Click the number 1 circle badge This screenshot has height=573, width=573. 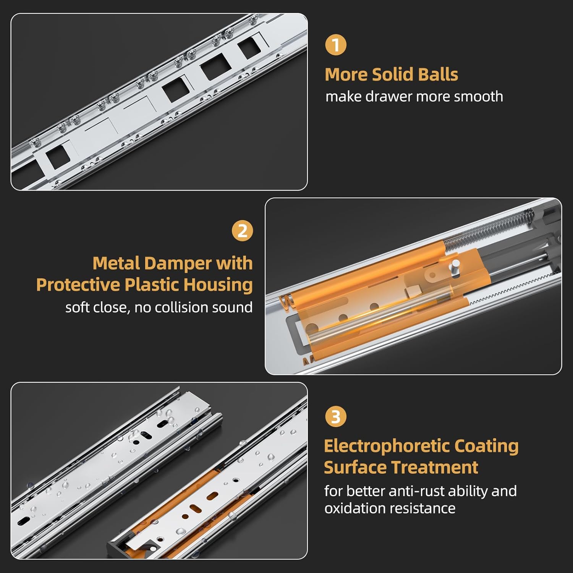336,45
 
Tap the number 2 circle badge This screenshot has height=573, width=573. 243,231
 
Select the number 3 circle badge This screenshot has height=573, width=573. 336,416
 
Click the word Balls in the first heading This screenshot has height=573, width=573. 437,74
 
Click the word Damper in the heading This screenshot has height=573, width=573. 179,263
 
